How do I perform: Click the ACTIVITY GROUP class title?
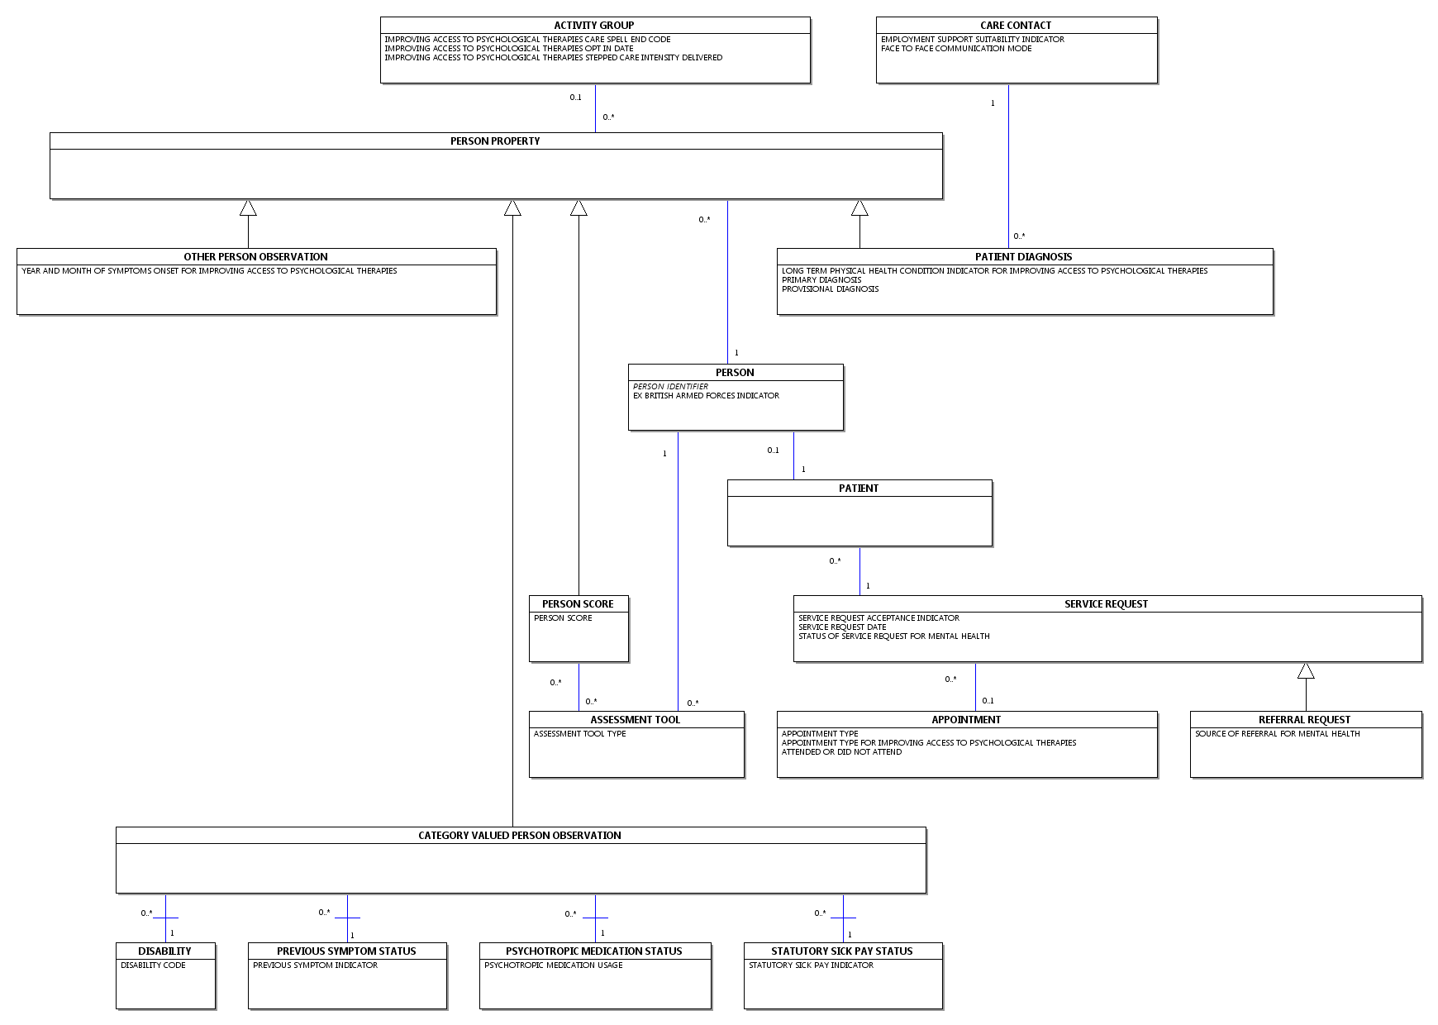[x=594, y=26]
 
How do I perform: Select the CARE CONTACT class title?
[x=1016, y=26]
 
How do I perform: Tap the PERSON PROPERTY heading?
[x=495, y=141]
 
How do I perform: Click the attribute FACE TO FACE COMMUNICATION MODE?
[x=956, y=49]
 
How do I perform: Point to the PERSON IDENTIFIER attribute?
[x=670, y=387]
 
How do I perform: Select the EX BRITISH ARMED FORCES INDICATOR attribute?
[x=706, y=396]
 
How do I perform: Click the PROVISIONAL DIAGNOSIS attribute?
[x=830, y=289]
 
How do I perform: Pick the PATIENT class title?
[x=859, y=489]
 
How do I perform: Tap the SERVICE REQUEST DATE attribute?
[x=842, y=627]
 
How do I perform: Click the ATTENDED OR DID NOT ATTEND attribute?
[x=841, y=752]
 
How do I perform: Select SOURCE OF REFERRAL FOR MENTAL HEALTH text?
[x=1277, y=734]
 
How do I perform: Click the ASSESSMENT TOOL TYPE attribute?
[x=579, y=734]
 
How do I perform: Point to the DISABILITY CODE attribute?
[x=153, y=965]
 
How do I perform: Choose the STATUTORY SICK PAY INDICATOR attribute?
[x=811, y=965]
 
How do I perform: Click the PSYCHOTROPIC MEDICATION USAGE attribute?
[x=553, y=965]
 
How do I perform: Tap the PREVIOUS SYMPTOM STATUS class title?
[x=346, y=951]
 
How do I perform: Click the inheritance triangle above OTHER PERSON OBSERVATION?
[x=248, y=207]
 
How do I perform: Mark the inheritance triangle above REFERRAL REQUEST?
[x=1306, y=670]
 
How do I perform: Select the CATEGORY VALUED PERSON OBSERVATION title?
[x=520, y=836]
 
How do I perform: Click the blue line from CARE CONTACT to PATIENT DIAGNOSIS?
[x=1008, y=166]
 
